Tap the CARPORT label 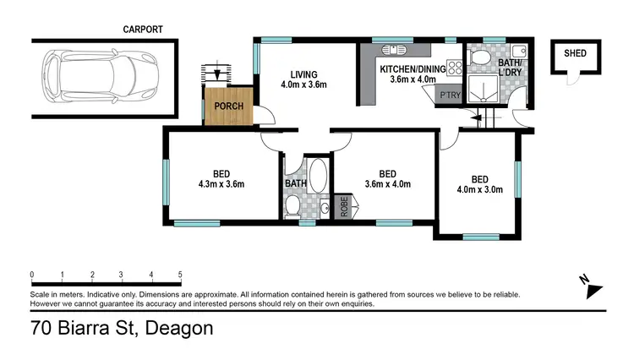click(x=143, y=30)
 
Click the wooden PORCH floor click(x=227, y=106)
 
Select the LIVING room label click(x=303, y=73)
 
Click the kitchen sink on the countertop click(x=394, y=49)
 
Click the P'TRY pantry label click(x=449, y=95)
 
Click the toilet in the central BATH click(x=292, y=205)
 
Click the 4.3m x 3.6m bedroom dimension click(x=220, y=184)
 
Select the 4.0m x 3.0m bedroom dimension click(x=479, y=190)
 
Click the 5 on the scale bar click(x=180, y=275)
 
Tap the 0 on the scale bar click(x=31, y=275)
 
